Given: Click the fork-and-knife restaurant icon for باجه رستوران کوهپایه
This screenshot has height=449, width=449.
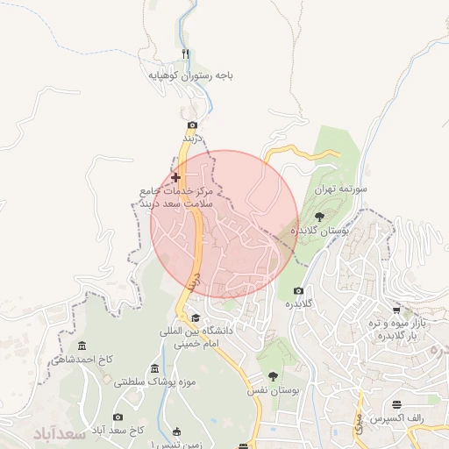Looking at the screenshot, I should click(185, 53).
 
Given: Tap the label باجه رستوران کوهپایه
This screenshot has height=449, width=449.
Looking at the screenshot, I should click(190, 76).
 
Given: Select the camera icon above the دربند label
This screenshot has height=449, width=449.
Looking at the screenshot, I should click(192, 125).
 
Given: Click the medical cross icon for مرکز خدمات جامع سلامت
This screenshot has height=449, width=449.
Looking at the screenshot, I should click(175, 177).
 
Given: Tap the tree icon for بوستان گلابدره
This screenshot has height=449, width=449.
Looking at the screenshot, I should click(317, 216).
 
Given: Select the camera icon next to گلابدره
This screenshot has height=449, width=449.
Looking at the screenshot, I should click(298, 290).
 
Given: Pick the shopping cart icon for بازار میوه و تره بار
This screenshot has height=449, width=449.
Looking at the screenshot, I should click(396, 310).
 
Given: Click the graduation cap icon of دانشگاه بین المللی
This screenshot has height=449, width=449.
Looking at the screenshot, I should click(196, 317).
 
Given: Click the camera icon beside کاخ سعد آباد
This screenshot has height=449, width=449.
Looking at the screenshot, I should click(118, 417).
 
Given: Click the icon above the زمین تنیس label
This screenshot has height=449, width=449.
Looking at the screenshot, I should click(177, 431).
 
